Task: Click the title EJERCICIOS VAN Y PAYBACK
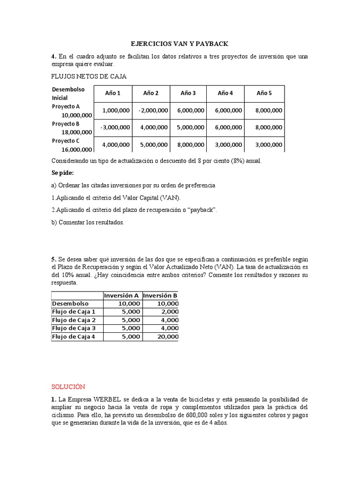[180, 44]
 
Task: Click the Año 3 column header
[188, 93]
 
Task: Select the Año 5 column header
[264, 93]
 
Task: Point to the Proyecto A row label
[66, 106]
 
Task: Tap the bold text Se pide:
[63, 173]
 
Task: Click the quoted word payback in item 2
[202, 210]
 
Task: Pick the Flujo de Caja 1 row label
[74, 312]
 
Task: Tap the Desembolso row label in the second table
[70, 303]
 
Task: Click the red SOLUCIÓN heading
[68, 387]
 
